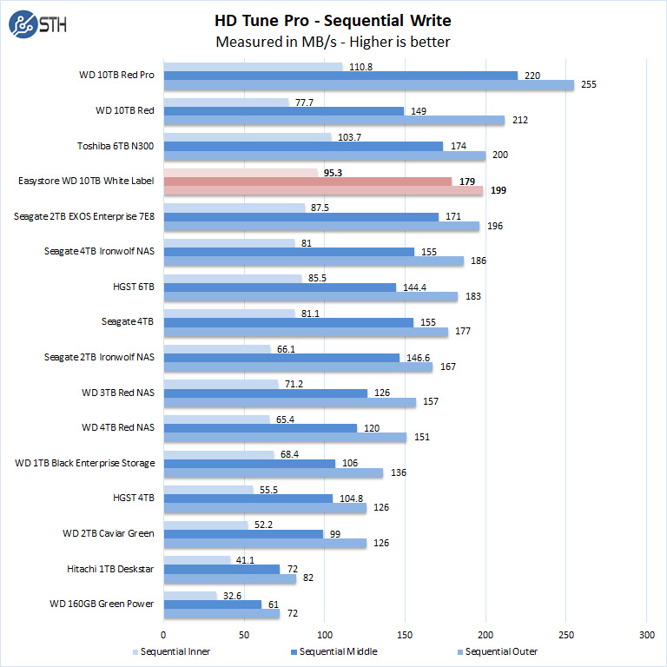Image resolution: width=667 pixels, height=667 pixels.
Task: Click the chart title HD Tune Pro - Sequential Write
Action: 333,20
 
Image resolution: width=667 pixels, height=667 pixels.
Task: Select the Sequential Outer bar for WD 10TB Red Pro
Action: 368,85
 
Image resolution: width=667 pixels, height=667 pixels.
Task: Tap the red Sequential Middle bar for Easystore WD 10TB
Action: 307,181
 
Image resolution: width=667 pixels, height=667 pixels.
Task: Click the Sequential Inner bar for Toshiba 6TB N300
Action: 248,137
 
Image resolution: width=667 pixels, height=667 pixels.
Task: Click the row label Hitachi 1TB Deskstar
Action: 112,569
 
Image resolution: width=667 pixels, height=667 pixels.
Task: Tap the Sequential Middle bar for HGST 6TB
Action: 280,287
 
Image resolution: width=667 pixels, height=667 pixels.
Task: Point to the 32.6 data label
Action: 230,595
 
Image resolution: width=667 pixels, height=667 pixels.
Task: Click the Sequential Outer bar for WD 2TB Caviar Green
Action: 265,544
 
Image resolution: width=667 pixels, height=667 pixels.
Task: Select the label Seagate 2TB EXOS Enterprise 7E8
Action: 84,216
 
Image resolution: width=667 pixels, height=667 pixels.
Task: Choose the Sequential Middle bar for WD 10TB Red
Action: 283,110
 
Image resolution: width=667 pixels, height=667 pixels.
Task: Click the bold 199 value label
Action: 499,191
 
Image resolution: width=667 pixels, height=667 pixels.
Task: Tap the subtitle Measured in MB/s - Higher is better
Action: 333,42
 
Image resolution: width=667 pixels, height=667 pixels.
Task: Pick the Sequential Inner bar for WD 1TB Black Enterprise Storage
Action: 218,454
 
